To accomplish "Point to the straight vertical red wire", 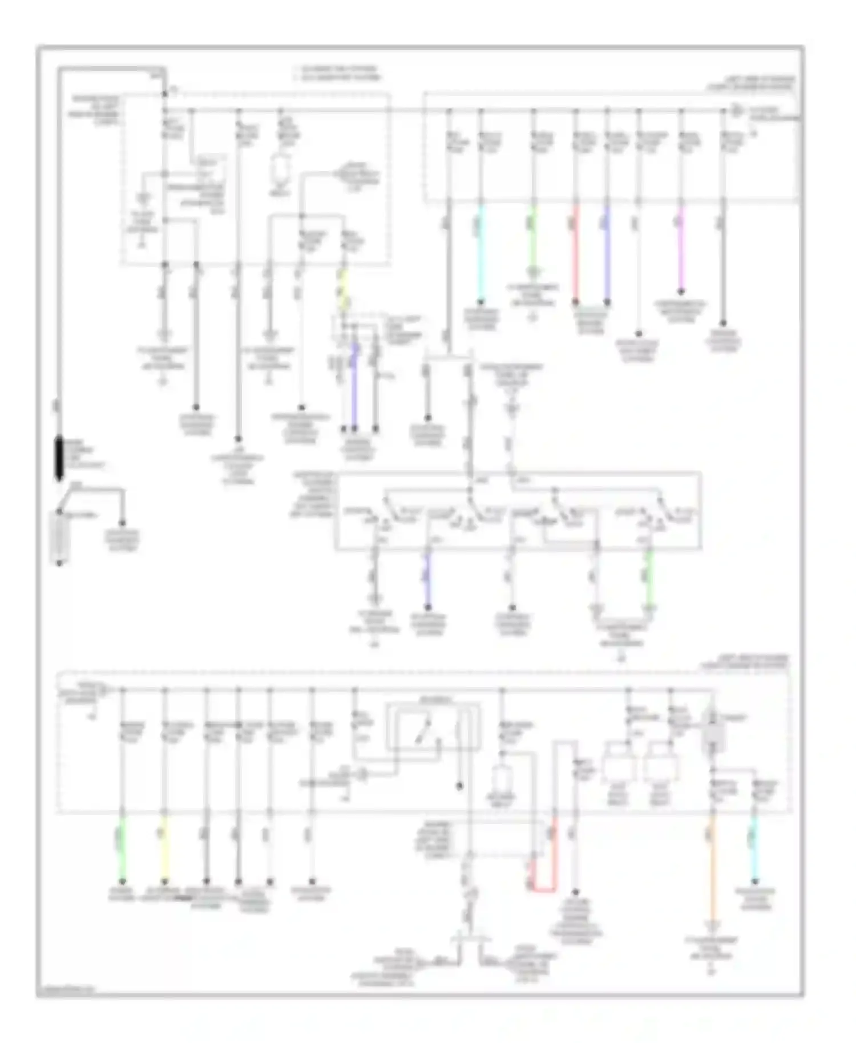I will (x=575, y=251).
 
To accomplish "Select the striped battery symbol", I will (x=59, y=536).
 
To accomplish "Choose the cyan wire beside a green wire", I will (x=481, y=251).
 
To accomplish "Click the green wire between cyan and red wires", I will (x=533, y=240).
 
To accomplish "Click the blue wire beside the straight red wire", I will (x=607, y=251).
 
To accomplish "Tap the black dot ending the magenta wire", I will (x=680, y=293).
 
